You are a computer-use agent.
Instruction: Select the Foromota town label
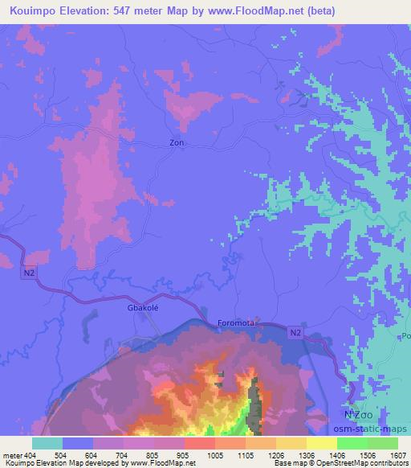tap(236, 323)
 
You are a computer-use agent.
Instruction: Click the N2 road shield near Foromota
tap(295, 330)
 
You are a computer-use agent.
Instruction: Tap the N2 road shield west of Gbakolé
tap(30, 274)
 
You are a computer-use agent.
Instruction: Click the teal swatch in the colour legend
tap(47, 443)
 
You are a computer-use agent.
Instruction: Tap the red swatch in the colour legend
tap(199, 443)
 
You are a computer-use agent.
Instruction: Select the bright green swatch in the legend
tap(352, 443)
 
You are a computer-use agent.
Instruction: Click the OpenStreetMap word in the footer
tap(338, 464)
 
